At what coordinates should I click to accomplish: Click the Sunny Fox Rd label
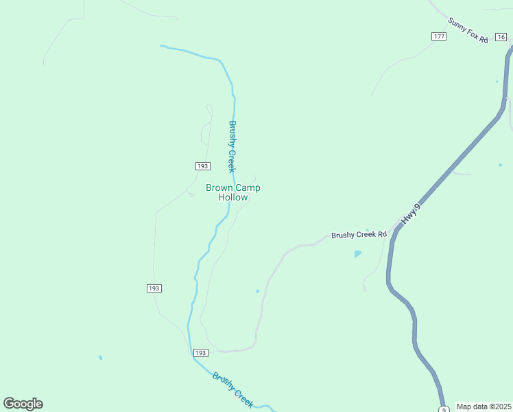click(x=467, y=31)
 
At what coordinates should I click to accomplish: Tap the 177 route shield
click(x=439, y=36)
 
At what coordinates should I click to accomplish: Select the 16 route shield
click(x=502, y=37)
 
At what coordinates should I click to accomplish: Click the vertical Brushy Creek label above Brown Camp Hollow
click(x=232, y=146)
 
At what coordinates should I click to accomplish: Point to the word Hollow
click(x=232, y=198)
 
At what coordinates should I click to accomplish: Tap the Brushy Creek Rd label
click(x=359, y=235)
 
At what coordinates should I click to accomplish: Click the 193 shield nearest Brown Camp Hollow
click(x=202, y=166)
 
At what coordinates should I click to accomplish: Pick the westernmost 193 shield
click(x=154, y=288)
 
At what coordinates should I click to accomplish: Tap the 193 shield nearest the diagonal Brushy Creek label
click(x=200, y=353)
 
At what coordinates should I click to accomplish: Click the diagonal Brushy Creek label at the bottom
click(x=233, y=389)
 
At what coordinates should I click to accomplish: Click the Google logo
click(x=23, y=404)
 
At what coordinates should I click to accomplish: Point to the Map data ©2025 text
click(x=484, y=407)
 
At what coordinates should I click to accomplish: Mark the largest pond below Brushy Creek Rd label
click(x=358, y=253)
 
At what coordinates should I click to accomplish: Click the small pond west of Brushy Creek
click(x=101, y=358)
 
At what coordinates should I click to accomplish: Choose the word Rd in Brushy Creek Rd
click(x=382, y=234)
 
